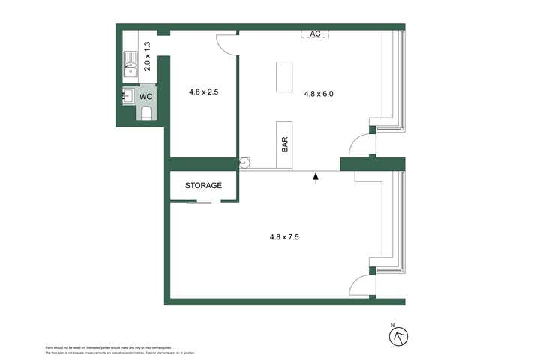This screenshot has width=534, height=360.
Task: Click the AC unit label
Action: click(316, 34)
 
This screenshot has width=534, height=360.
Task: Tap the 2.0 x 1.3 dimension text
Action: click(147, 57)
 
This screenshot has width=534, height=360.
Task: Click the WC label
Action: click(147, 97)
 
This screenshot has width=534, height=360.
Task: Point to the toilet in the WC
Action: click(146, 113)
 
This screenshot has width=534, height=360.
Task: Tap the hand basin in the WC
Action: click(127, 95)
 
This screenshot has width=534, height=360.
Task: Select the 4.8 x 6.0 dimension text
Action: click(318, 94)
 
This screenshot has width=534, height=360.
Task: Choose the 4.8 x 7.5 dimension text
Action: click(285, 237)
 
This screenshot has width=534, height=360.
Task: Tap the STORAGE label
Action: click(204, 185)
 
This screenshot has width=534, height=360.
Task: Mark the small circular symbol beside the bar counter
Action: click(244, 163)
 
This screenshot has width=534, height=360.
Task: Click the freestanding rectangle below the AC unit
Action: click(284, 76)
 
